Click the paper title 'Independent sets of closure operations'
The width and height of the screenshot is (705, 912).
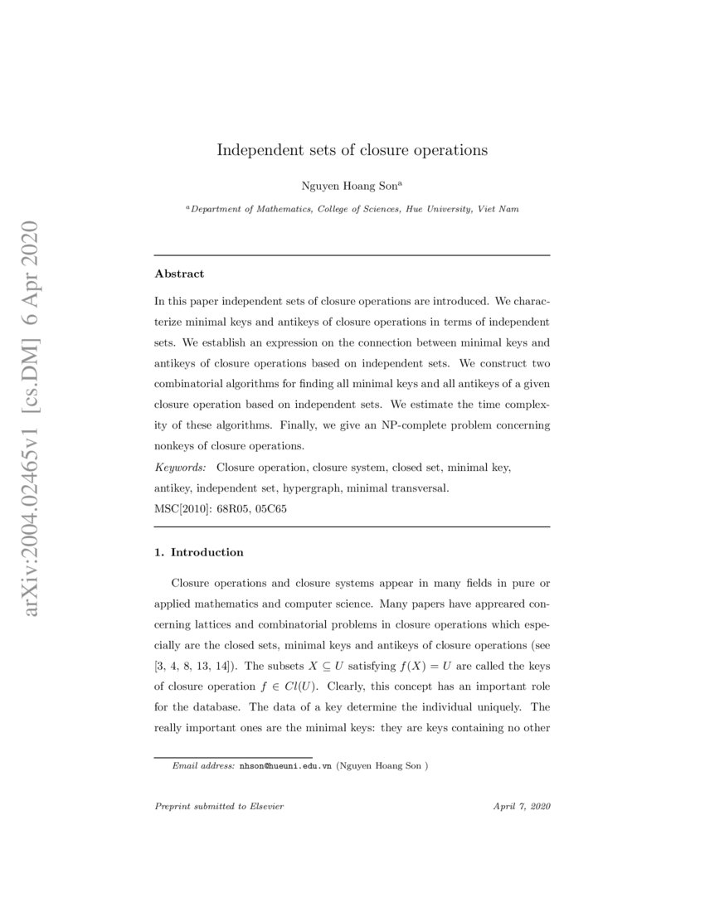[x=352, y=150]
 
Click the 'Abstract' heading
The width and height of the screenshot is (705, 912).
[x=179, y=273]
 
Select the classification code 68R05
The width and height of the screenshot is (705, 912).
[x=228, y=509]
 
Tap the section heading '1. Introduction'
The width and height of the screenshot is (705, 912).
[x=199, y=552]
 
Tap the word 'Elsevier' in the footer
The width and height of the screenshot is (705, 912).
[x=266, y=807]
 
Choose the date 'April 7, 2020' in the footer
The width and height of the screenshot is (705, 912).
[x=522, y=807]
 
